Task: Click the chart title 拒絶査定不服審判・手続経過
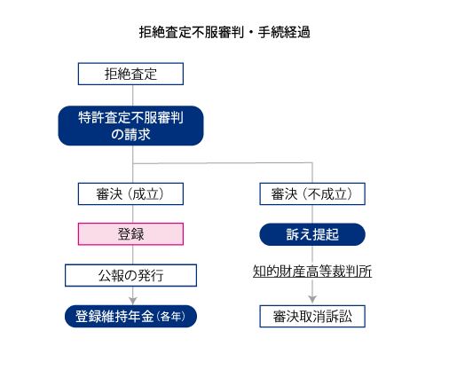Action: (224, 32)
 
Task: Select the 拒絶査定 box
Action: (130, 74)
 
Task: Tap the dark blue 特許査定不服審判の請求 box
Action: (130, 126)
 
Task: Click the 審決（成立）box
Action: (130, 193)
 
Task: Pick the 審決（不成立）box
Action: (312, 193)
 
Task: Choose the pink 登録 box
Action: (130, 234)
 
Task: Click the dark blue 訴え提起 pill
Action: (312, 234)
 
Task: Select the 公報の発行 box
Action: (130, 275)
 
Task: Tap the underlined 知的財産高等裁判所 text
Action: (312, 272)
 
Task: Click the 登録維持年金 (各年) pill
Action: (130, 316)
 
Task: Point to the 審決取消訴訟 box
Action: (312, 316)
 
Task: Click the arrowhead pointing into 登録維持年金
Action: (133, 301)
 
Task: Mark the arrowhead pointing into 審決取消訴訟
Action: (312, 299)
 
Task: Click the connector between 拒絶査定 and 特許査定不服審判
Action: (133, 96)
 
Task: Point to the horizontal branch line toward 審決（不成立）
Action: (223, 162)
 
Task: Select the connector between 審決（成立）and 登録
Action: (133, 214)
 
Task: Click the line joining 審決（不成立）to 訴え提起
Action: (312, 214)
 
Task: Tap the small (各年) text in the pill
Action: (171, 317)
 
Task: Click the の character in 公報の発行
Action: (131, 276)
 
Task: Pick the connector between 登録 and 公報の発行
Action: (133, 255)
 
